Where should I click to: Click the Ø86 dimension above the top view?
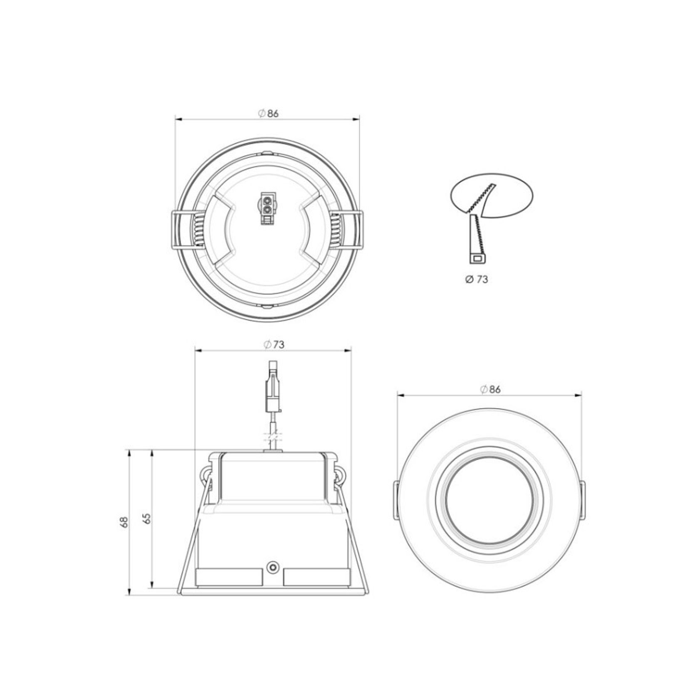(x=268, y=114)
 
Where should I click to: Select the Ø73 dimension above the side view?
(x=274, y=345)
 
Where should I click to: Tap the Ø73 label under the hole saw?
(x=477, y=279)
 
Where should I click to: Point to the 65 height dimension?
(x=146, y=518)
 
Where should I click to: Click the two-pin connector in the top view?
(x=267, y=208)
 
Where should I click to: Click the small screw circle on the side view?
(x=273, y=566)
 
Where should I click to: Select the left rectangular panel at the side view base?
(x=229, y=577)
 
